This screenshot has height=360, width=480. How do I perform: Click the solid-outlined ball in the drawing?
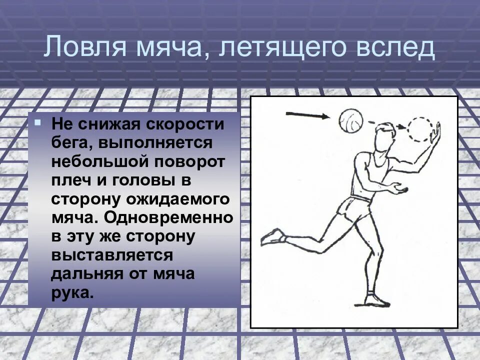click(x=351, y=121)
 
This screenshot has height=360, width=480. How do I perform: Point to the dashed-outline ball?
click(x=420, y=129)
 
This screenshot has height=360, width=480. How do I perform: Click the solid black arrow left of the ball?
click(x=307, y=115)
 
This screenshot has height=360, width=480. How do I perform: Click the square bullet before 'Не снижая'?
click(x=38, y=121)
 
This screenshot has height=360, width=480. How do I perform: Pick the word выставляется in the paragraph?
click(x=112, y=255)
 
